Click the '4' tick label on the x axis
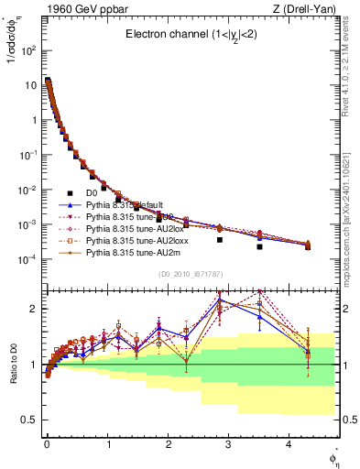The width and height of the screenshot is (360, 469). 289,445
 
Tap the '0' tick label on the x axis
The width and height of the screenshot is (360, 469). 47,445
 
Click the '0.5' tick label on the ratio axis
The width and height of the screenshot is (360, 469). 30,420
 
